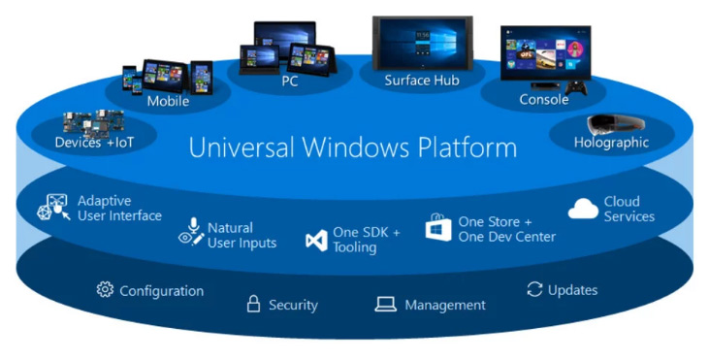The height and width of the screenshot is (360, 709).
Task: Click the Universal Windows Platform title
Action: pos(352,147)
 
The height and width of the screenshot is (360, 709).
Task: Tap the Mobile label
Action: pos(168,101)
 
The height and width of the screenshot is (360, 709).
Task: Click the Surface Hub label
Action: pos(422,81)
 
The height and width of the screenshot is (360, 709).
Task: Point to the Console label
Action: pos(543,99)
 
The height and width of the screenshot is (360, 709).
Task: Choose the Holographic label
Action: pos(611,143)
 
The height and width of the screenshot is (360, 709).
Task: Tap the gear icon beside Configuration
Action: pos(105,290)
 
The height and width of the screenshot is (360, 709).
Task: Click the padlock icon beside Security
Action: pos(253,304)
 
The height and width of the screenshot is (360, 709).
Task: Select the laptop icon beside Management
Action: pos(385,305)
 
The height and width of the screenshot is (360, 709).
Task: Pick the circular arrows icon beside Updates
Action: pos(533,289)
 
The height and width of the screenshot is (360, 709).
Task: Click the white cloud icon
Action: pos(583,209)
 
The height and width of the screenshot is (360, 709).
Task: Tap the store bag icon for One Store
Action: pos(439,228)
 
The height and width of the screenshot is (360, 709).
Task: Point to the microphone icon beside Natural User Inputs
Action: pos(191,231)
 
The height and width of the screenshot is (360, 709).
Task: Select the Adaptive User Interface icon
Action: pos(54,209)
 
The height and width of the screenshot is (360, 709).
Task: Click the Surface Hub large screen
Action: pos(422,44)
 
